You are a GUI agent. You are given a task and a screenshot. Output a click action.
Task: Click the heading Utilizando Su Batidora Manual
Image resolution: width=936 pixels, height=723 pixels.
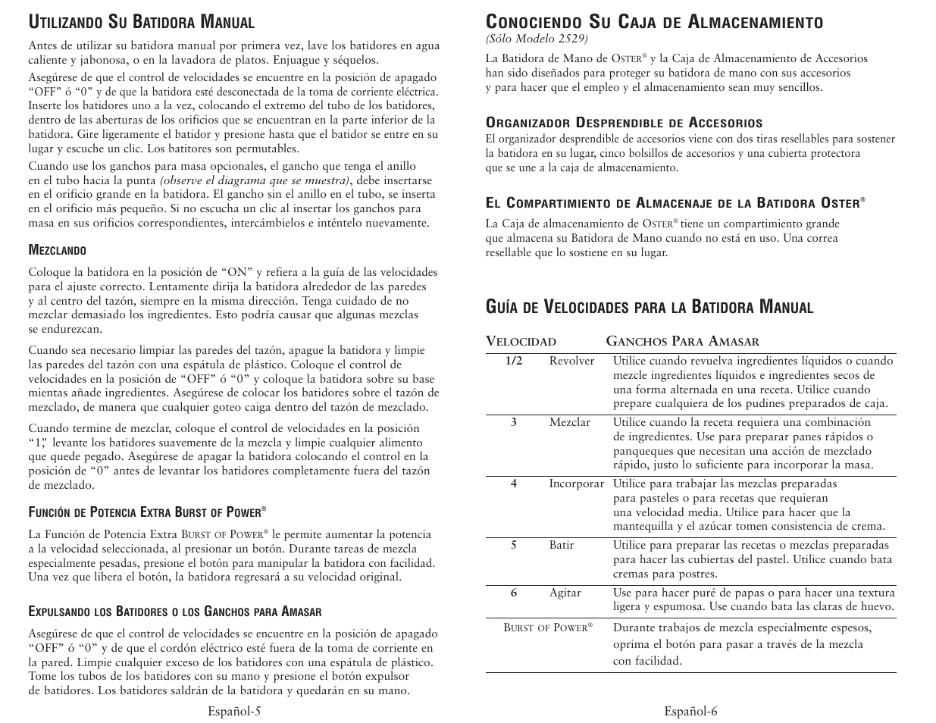(141, 22)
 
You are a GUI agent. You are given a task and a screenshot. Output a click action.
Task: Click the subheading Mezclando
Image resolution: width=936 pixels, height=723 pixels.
(57, 251)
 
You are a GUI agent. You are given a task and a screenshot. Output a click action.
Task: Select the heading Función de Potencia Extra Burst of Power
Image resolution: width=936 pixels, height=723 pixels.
(149, 512)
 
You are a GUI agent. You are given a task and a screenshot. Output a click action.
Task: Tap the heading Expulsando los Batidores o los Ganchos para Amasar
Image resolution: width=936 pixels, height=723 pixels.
(175, 612)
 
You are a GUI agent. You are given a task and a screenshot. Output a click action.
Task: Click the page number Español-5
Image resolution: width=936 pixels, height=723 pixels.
(235, 711)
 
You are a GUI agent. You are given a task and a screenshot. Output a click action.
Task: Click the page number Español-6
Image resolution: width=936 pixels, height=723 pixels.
(690, 711)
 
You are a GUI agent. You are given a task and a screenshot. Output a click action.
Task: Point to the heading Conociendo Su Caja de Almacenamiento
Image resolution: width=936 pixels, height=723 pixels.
(654, 22)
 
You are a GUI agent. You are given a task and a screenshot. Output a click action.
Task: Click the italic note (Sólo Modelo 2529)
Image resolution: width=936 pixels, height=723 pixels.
(537, 38)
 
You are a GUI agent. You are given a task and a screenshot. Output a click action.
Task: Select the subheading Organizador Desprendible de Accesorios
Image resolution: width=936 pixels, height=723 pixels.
(624, 123)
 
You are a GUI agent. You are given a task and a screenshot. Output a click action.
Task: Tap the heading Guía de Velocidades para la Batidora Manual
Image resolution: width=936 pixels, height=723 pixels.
(650, 307)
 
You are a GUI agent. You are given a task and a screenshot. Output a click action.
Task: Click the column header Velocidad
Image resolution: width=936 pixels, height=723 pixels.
(521, 342)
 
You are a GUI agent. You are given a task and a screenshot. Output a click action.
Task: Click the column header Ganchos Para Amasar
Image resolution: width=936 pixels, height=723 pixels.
(682, 342)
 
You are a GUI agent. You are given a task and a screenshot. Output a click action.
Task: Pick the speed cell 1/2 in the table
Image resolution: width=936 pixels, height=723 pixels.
(514, 361)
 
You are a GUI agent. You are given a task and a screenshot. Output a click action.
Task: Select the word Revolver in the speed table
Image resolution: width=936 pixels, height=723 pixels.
(571, 361)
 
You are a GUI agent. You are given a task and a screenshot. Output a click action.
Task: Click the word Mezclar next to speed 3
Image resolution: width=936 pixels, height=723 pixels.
(569, 423)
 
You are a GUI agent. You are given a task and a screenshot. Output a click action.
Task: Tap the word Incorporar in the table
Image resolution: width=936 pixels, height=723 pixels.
(576, 484)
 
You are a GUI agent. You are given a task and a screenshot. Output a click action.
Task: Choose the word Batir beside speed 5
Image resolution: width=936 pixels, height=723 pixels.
(562, 546)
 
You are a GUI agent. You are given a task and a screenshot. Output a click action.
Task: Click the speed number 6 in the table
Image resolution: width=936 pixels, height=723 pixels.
(513, 593)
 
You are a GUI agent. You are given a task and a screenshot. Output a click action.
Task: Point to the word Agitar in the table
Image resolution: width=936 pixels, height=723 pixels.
(565, 593)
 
